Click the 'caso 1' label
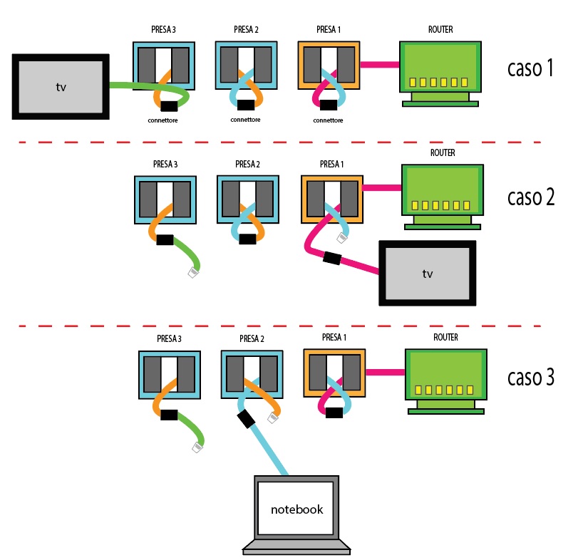point(530,69)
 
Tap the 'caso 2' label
point(530,197)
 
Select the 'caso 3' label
point(530,377)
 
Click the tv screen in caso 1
point(61,86)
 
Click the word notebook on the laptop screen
point(296,509)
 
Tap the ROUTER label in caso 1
point(440,30)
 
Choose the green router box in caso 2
point(442,189)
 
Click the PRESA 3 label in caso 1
point(163,30)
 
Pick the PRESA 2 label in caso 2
point(247,165)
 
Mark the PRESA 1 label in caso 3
point(334,338)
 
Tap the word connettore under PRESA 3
point(163,120)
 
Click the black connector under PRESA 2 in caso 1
point(246,105)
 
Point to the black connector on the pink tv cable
point(331,257)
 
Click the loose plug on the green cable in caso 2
point(192,271)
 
